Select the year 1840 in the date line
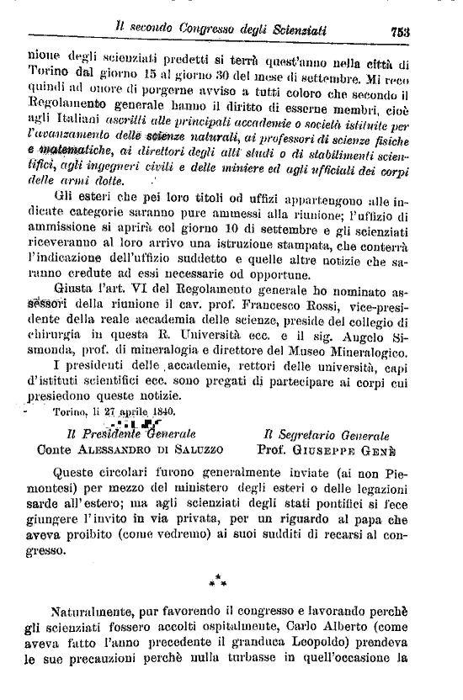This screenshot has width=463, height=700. pos(160,411)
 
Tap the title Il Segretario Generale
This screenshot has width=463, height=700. pos(327,434)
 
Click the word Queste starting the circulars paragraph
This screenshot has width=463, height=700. pos(77,471)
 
